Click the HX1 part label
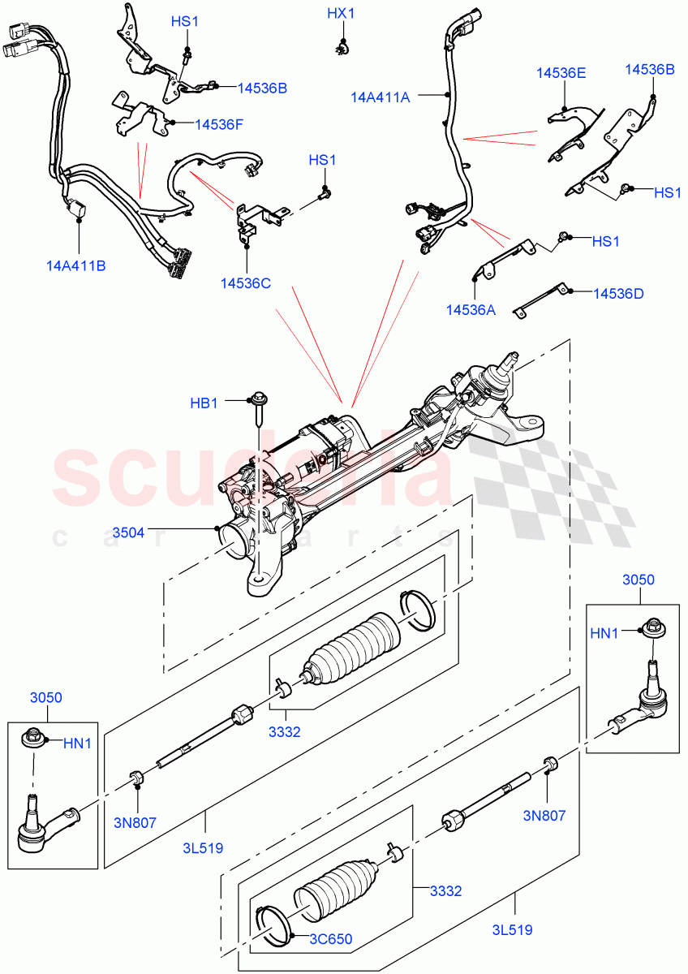pos(341,14)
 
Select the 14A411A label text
pos(380,97)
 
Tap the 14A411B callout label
pos(76,265)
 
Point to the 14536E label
pos(561,73)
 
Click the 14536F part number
pos(219,124)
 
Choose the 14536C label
pos(245,283)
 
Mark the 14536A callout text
pos(470,308)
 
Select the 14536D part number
pos(618,293)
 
